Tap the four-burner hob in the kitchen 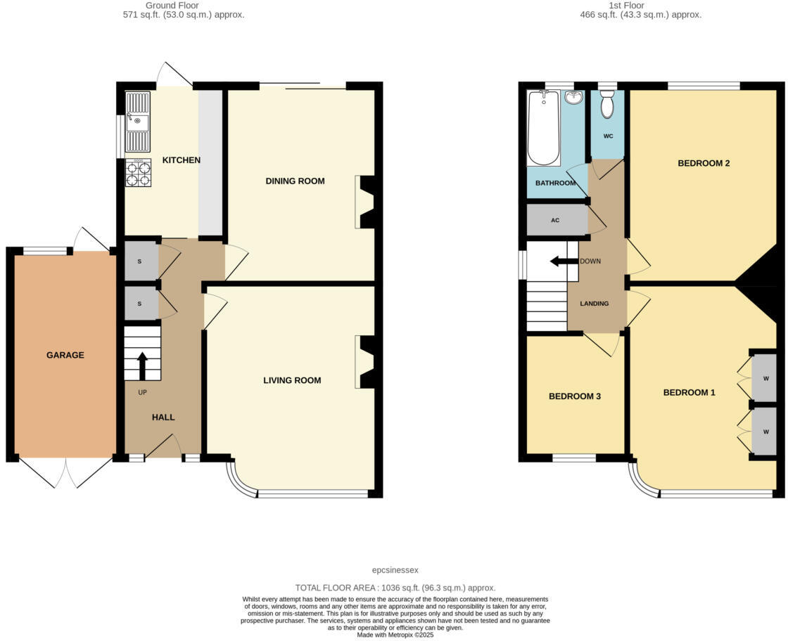[x=138, y=174]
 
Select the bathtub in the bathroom [x=544, y=128]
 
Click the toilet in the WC [x=607, y=106]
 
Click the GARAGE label [x=65, y=355]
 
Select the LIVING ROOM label [x=292, y=380]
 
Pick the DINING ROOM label [x=295, y=181]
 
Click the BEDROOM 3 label [x=575, y=396]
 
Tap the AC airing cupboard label [x=555, y=220]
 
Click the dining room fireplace [x=366, y=202]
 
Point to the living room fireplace [x=366, y=362]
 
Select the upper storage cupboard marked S [x=139, y=261]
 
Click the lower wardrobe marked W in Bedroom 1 [x=765, y=432]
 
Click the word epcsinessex [x=395, y=570]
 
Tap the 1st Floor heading [x=640, y=5]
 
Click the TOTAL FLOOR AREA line [x=395, y=588]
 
